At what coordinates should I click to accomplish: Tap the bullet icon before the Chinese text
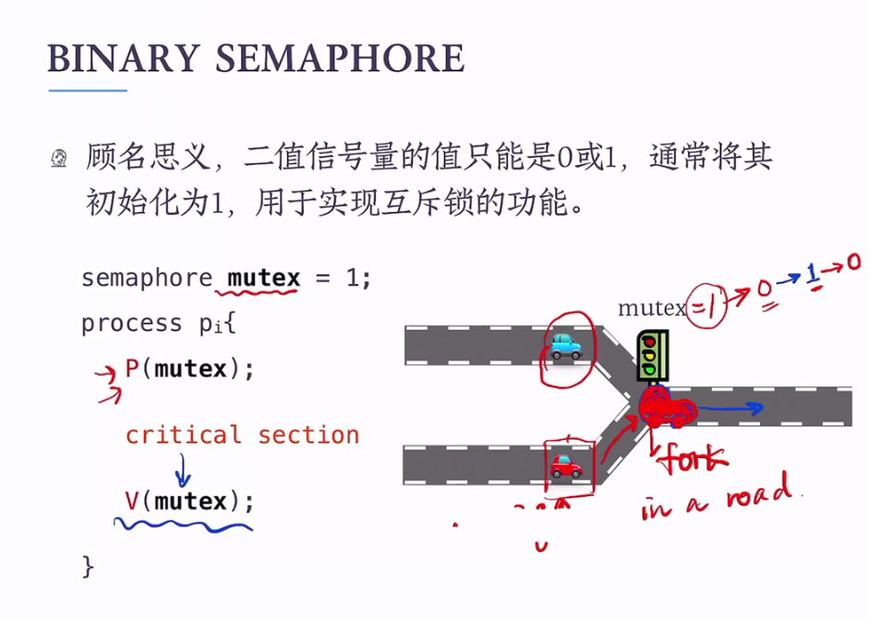tap(60, 159)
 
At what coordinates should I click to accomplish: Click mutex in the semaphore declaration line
tap(264, 278)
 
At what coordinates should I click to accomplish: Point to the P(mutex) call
tap(189, 369)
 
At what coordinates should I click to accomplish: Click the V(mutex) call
tap(189, 501)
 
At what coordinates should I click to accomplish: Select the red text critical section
tap(242, 434)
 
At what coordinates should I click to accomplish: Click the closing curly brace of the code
tap(89, 565)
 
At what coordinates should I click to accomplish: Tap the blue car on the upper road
tap(566, 346)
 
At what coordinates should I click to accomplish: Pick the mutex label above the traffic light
tap(652, 307)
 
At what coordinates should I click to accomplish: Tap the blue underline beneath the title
tap(88, 90)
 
